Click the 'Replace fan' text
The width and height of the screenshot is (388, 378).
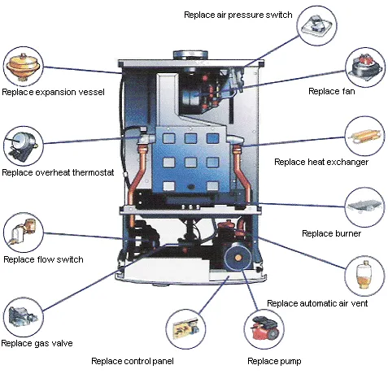click(329, 91)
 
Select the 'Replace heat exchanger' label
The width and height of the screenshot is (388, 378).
click(320, 162)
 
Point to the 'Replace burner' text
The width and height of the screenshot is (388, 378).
click(331, 233)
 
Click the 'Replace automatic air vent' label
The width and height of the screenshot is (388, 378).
click(317, 302)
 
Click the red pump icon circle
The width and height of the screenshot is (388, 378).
click(264, 330)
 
